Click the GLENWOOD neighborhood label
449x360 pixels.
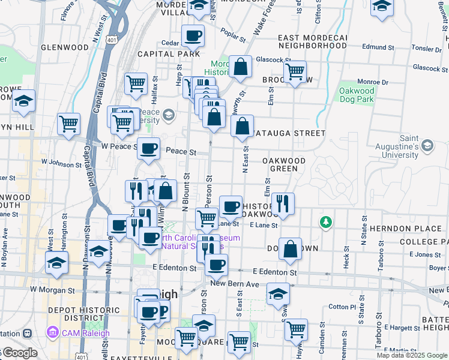(x=65, y=47)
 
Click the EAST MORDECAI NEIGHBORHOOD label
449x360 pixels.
(x=313, y=41)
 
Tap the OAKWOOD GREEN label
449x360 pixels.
(x=285, y=165)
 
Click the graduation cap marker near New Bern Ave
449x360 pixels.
(x=278, y=295)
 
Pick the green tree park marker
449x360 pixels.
(x=326, y=223)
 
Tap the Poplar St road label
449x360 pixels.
(x=234, y=35)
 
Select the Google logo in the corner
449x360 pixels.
(x=19, y=353)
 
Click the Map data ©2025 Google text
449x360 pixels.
(x=412, y=355)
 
